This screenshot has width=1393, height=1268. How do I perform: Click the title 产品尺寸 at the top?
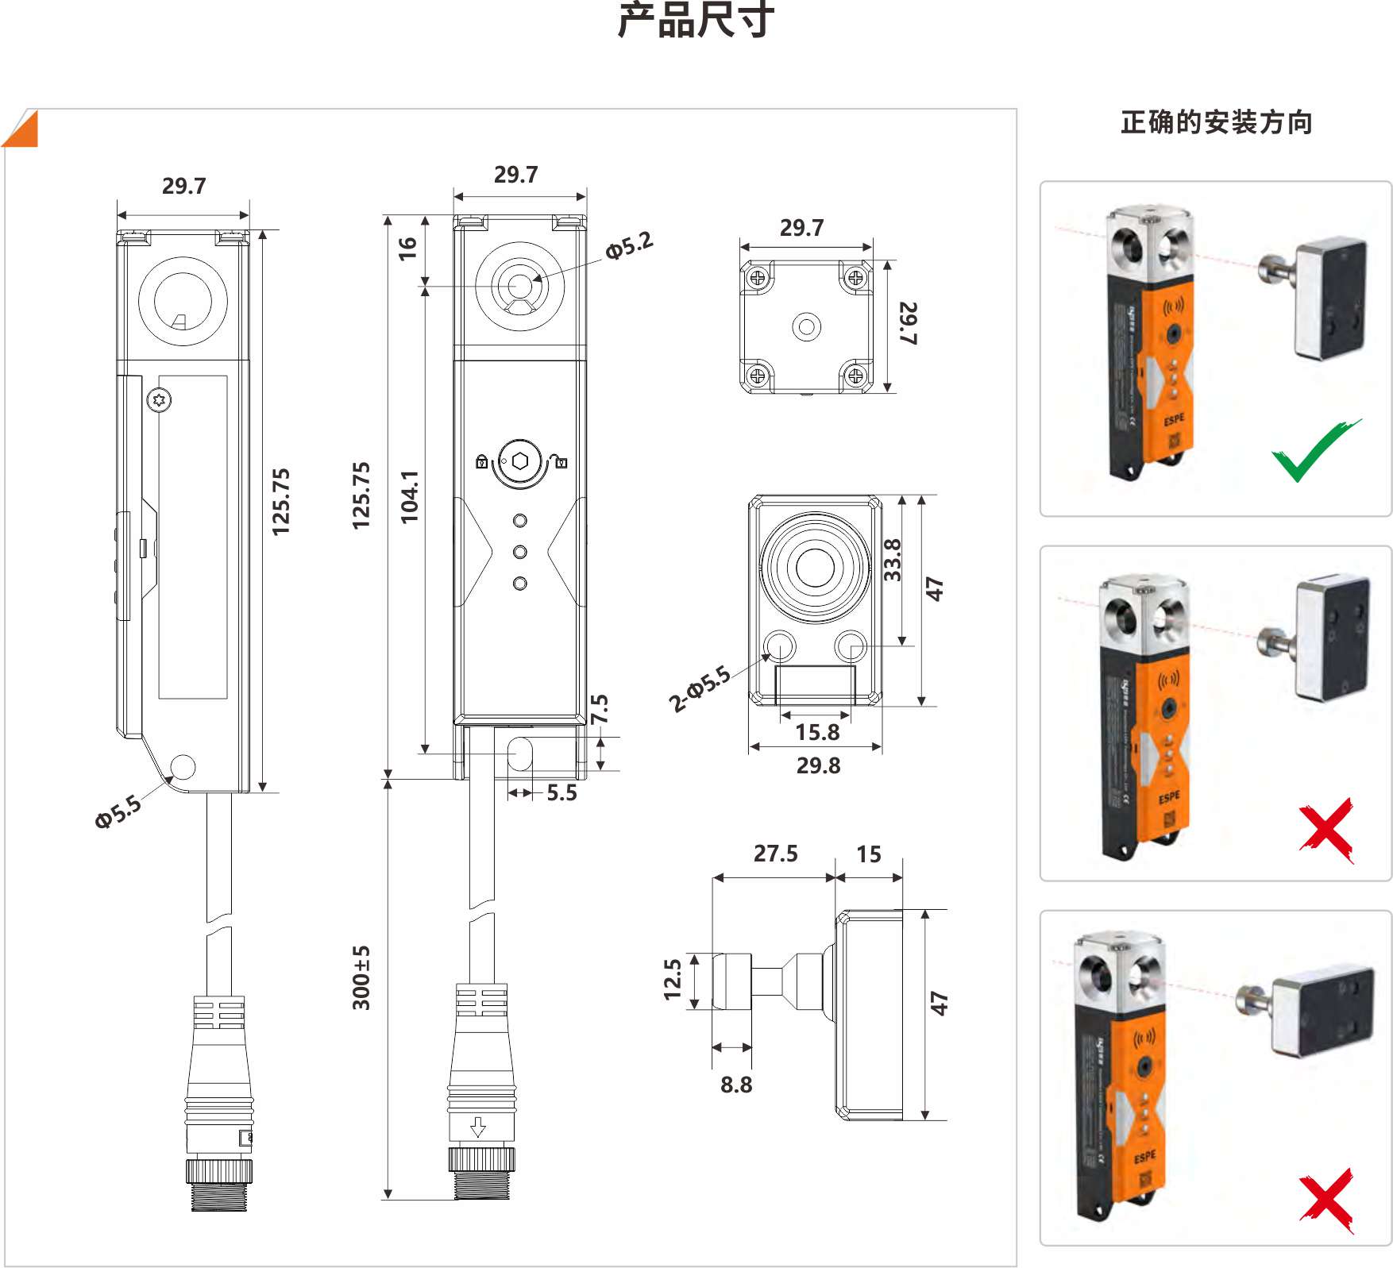pos(696,21)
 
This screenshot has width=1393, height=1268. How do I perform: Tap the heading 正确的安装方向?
pos(1216,123)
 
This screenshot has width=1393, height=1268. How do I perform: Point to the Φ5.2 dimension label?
pos(629,245)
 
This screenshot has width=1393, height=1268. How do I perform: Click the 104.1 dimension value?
pos(410,496)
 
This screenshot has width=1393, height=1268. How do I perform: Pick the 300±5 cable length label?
pos(361,977)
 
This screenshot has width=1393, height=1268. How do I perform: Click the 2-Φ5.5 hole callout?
pos(699,689)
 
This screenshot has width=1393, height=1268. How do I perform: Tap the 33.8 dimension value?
pos(893,560)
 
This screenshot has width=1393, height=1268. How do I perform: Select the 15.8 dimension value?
pos(817,732)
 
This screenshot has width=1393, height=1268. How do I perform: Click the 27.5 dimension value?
pos(775,854)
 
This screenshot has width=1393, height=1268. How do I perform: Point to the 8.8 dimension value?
pos(735,1085)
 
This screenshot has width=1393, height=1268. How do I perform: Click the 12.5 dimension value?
pos(673,979)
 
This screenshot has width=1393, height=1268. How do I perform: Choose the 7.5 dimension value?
pos(600,709)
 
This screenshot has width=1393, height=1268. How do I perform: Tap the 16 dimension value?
pos(407,249)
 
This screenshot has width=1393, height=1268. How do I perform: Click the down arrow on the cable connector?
pos(477,1127)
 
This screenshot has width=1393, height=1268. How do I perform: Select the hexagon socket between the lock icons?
pos(519,461)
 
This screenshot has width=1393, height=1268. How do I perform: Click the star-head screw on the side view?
pos(160,399)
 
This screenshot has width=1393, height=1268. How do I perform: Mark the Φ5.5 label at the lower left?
pos(118,811)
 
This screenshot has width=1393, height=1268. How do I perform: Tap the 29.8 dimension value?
pos(818,765)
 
